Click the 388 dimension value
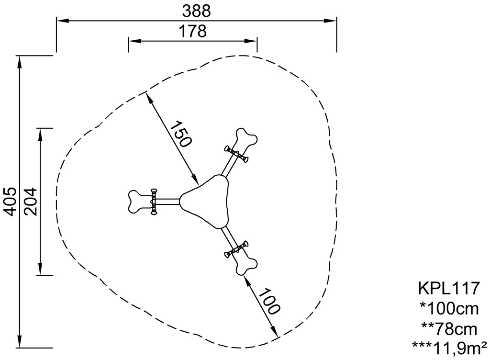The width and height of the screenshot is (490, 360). (x=196, y=11)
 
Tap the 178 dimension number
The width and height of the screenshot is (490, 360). (x=192, y=31)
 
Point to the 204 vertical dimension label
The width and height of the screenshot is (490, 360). (x=31, y=202)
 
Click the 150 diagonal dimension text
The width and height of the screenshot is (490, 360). (x=181, y=134)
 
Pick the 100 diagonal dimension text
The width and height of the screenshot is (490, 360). (x=269, y=301)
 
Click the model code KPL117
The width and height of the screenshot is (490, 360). (x=449, y=288)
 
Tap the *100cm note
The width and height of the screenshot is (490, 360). (x=449, y=308)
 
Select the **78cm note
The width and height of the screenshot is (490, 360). (x=449, y=329)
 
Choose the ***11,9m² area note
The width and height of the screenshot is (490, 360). (x=449, y=349)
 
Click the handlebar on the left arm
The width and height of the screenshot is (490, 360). (x=154, y=202)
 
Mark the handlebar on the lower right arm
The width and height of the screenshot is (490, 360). (x=236, y=249)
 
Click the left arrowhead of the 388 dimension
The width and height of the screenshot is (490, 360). (x=63, y=21)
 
